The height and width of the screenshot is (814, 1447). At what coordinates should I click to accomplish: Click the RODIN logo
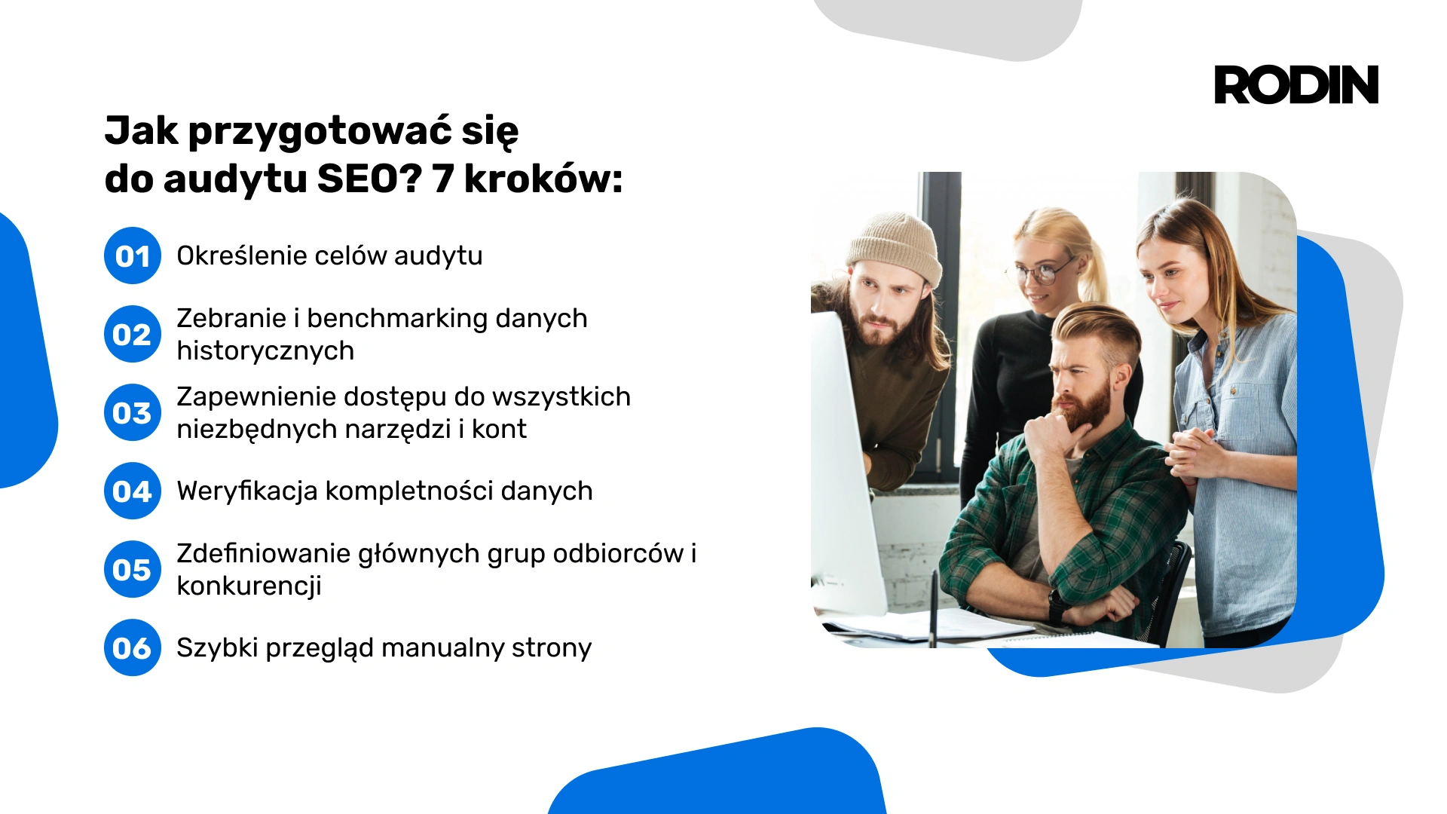pos(1296,84)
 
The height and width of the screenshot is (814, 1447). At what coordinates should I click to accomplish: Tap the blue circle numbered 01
pos(133,256)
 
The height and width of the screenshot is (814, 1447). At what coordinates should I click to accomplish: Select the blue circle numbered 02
pos(133,334)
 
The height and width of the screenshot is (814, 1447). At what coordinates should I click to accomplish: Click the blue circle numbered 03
pos(133,412)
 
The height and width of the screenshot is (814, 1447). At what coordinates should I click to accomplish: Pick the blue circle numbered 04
pos(133,491)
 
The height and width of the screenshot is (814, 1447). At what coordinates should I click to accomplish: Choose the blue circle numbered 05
pos(133,569)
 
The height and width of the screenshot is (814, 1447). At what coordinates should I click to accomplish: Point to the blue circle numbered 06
pos(133,647)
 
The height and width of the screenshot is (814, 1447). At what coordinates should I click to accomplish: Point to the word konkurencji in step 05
pos(249,586)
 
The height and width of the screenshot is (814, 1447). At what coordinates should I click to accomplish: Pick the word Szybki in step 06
pos(217,648)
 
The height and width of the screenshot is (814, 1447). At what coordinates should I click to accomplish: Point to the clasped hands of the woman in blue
pos(1195,453)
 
